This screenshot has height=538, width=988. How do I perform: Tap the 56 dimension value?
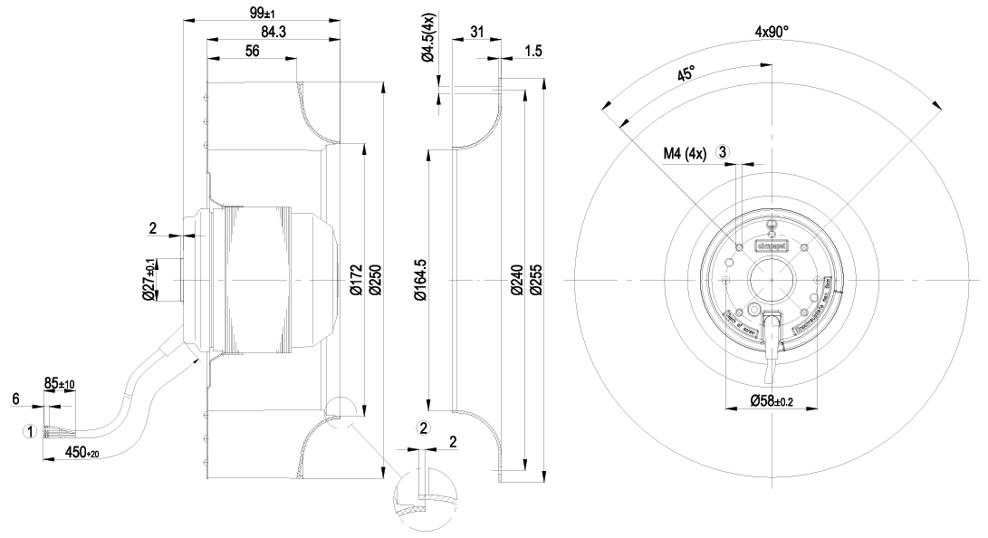253,52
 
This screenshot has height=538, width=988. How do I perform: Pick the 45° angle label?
686,74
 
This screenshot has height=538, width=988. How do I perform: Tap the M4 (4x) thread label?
684,153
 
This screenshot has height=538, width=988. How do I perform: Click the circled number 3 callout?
723,152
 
